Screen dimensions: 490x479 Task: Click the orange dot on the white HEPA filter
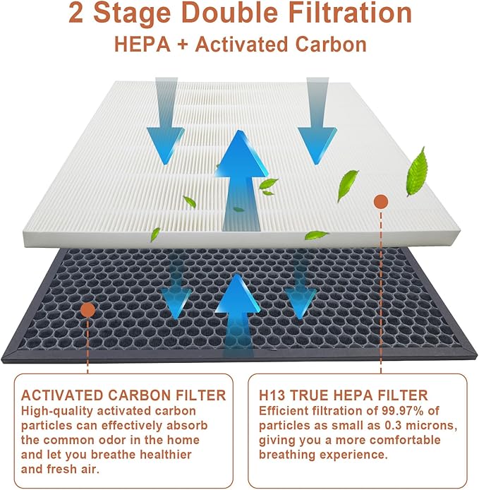click(380, 202)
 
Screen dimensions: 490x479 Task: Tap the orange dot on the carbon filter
click(87, 309)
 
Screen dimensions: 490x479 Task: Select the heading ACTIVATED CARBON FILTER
click(123, 395)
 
